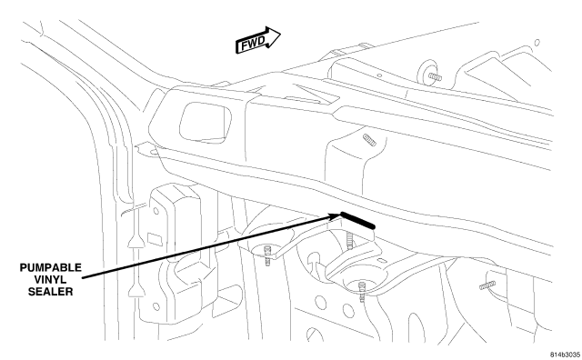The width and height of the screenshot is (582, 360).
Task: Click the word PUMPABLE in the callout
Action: click(x=51, y=267)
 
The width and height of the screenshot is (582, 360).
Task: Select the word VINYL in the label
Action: click(x=51, y=279)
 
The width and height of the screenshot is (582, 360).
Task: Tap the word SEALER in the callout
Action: click(x=51, y=291)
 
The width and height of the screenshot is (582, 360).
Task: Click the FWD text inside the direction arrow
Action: click(x=253, y=44)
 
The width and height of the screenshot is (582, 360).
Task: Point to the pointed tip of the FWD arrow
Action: click(x=280, y=35)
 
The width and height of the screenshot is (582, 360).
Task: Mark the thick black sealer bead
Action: click(x=357, y=220)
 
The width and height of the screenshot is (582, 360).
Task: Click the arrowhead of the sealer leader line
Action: click(x=336, y=215)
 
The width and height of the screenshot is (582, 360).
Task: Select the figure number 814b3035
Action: click(x=565, y=355)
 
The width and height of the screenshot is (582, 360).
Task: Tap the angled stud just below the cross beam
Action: click(x=369, y=140)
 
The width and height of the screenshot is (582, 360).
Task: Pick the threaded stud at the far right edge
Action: click(x=487, y=285)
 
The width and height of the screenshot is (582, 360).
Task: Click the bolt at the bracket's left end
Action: click(x=267, y=255)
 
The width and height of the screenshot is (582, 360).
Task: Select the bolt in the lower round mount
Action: click(x=362, y=291)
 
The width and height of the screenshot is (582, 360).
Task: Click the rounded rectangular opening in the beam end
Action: click(x=205, y=123)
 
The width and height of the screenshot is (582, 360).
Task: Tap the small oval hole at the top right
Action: click(x=537, y=43)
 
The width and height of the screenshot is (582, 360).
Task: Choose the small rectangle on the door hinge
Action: click(x=155, y=239)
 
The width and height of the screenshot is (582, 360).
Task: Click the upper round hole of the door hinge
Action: click(x=156, y=211)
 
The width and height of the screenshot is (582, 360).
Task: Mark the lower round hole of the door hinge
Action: click(x=156, y=306)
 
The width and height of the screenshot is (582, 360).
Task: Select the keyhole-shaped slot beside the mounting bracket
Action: click(x=313, y=261)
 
